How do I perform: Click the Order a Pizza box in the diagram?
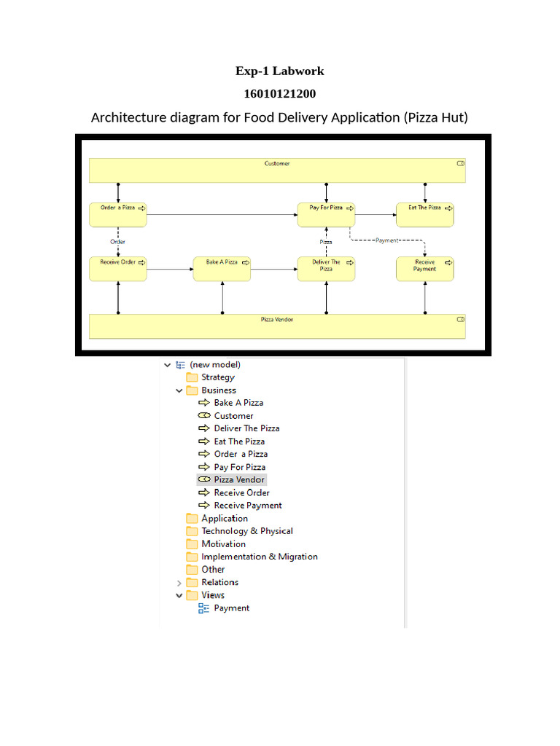[x=118, y=215]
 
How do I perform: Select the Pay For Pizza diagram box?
[x=326, y=215]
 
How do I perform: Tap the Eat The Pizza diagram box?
[x=425, y=215]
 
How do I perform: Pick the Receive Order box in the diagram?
[x=118, y=270]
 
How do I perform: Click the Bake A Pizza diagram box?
[x=222, y=270]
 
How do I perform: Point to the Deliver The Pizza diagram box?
[x=326, y=270]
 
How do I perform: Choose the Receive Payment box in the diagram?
[x=425, y=270]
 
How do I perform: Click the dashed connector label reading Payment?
[x=386, y=240]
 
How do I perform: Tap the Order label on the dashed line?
[x=117, y=242]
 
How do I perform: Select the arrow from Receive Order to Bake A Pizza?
[x=170, y=270]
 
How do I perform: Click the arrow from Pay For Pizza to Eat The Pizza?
[x=376, y=215]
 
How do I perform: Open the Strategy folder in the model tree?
[x=217, y=377]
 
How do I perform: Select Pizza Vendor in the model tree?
[x=239, y=479]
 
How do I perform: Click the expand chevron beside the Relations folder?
[x=179, y=583]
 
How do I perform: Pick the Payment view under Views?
[x=231, y=608]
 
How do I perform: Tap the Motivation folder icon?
[x=192, y=543]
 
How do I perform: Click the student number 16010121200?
[x=280, y=94]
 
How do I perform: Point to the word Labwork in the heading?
[x=298, y=71]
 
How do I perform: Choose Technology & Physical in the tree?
[x=247, y=531]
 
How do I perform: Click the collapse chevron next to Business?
[x=179, y=390]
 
